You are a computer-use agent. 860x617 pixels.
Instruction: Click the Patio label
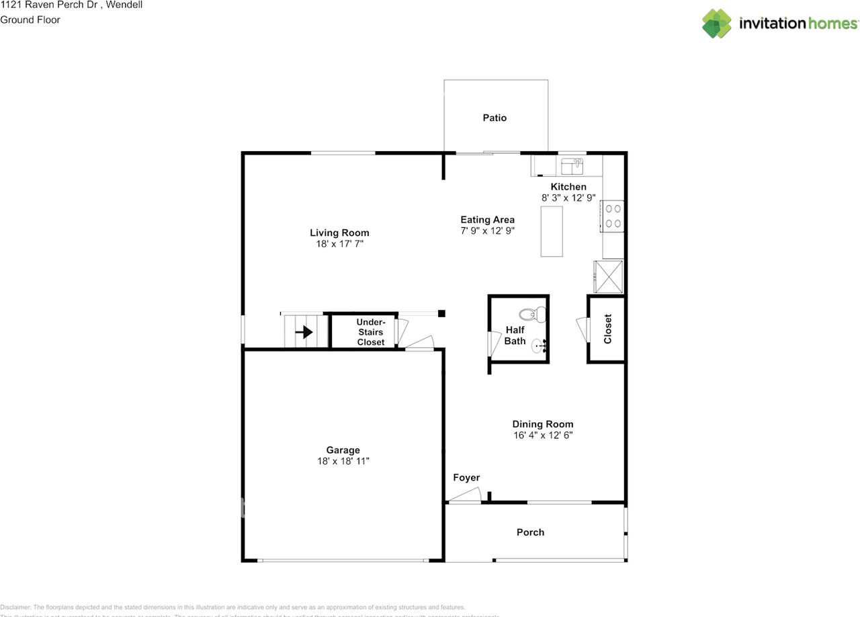[x=494, y=118]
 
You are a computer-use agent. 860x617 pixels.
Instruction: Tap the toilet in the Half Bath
[x=534, y=314]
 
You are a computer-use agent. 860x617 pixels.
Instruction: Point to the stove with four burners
[x=613, y=216]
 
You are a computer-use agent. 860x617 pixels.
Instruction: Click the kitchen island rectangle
[x=552, y=231]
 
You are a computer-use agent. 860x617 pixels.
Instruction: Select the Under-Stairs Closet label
[x=370, y=332]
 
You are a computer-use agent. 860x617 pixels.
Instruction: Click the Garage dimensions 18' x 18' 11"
[x=343, y=461]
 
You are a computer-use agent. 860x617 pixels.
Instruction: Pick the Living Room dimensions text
[x=339, y=244]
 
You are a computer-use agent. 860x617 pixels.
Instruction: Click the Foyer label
[x=466, y=478]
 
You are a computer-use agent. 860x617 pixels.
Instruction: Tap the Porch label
[x=530, y=532]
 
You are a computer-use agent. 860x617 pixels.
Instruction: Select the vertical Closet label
[x=607, y=329]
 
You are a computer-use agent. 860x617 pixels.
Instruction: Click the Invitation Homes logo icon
[x=717, y=24]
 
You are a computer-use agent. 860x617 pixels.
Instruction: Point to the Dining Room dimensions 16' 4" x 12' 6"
[x=543, y=435]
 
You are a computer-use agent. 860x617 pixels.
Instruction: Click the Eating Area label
[x=487, y=220]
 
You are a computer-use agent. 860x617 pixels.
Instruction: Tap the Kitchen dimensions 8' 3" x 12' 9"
[x=568, y=198]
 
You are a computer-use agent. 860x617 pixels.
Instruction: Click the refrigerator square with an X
[x=608, y=276]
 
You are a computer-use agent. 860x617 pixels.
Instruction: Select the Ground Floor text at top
[x=30, y=19]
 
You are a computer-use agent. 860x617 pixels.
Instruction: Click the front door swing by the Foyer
[x=465, y=497]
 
